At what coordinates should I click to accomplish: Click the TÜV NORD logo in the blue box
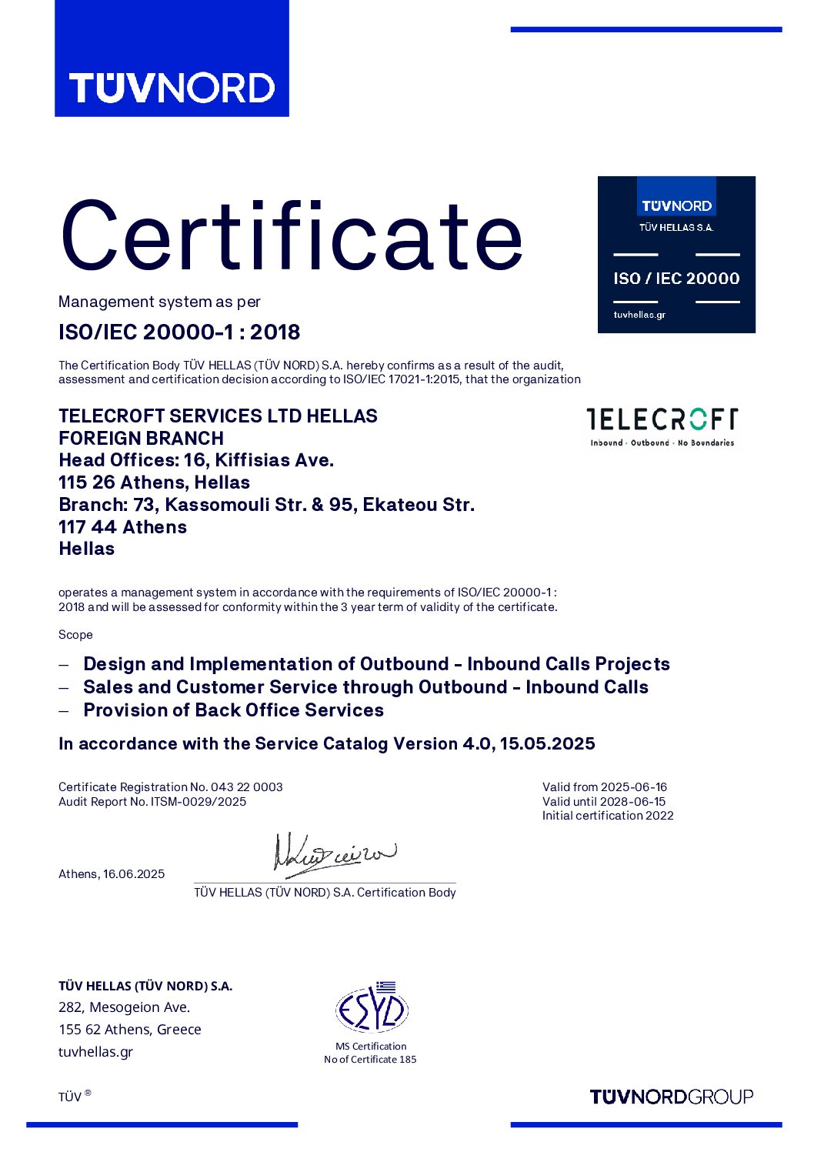click(x=172, y=88)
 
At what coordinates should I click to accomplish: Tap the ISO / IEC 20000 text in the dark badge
click(x=676, y=279)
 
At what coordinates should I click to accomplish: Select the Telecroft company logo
click(x=662, y=426)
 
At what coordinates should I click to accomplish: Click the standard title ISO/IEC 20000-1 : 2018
click(x=179, y=332)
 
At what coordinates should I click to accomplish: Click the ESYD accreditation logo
click(x=371, y=1008)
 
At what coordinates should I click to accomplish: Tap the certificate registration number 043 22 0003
click(x=246, y=787)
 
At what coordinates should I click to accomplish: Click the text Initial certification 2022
click(x=608, y=816)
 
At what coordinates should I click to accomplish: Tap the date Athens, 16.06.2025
click(x=112, y=874)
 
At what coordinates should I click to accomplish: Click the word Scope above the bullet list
click(x=75, y=635)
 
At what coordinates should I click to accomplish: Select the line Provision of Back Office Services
click(x=233, y=710)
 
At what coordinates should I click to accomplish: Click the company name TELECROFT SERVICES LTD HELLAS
click(x=218, y=416)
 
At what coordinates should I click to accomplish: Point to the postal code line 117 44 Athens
click(x=122, y=527)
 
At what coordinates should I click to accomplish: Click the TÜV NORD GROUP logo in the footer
click(x=671, y=1097)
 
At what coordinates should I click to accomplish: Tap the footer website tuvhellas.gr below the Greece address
click(x=95, y=1052)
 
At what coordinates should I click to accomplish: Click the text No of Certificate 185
click(x=370, y=1060)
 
